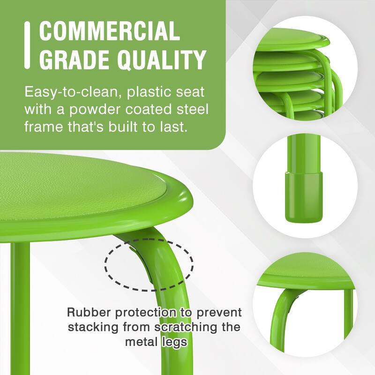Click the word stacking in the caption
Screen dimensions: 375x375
tap(90, 327)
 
